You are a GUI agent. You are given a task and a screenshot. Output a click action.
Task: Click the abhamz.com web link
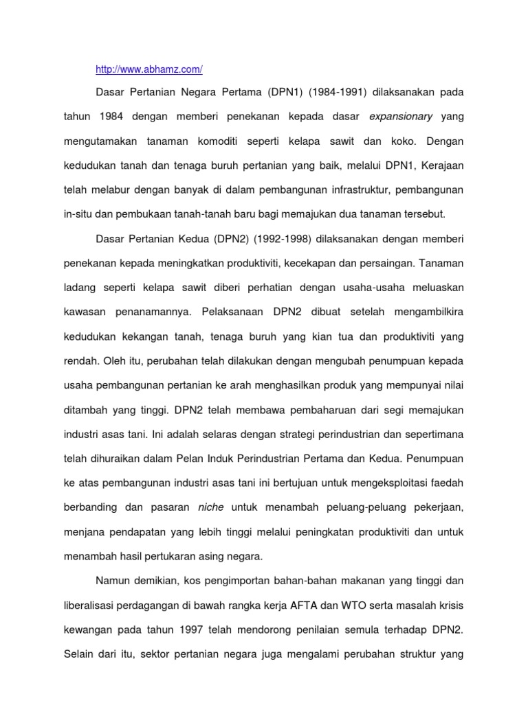(148, 70)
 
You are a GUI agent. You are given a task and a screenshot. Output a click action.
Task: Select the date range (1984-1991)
(316, 92)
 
